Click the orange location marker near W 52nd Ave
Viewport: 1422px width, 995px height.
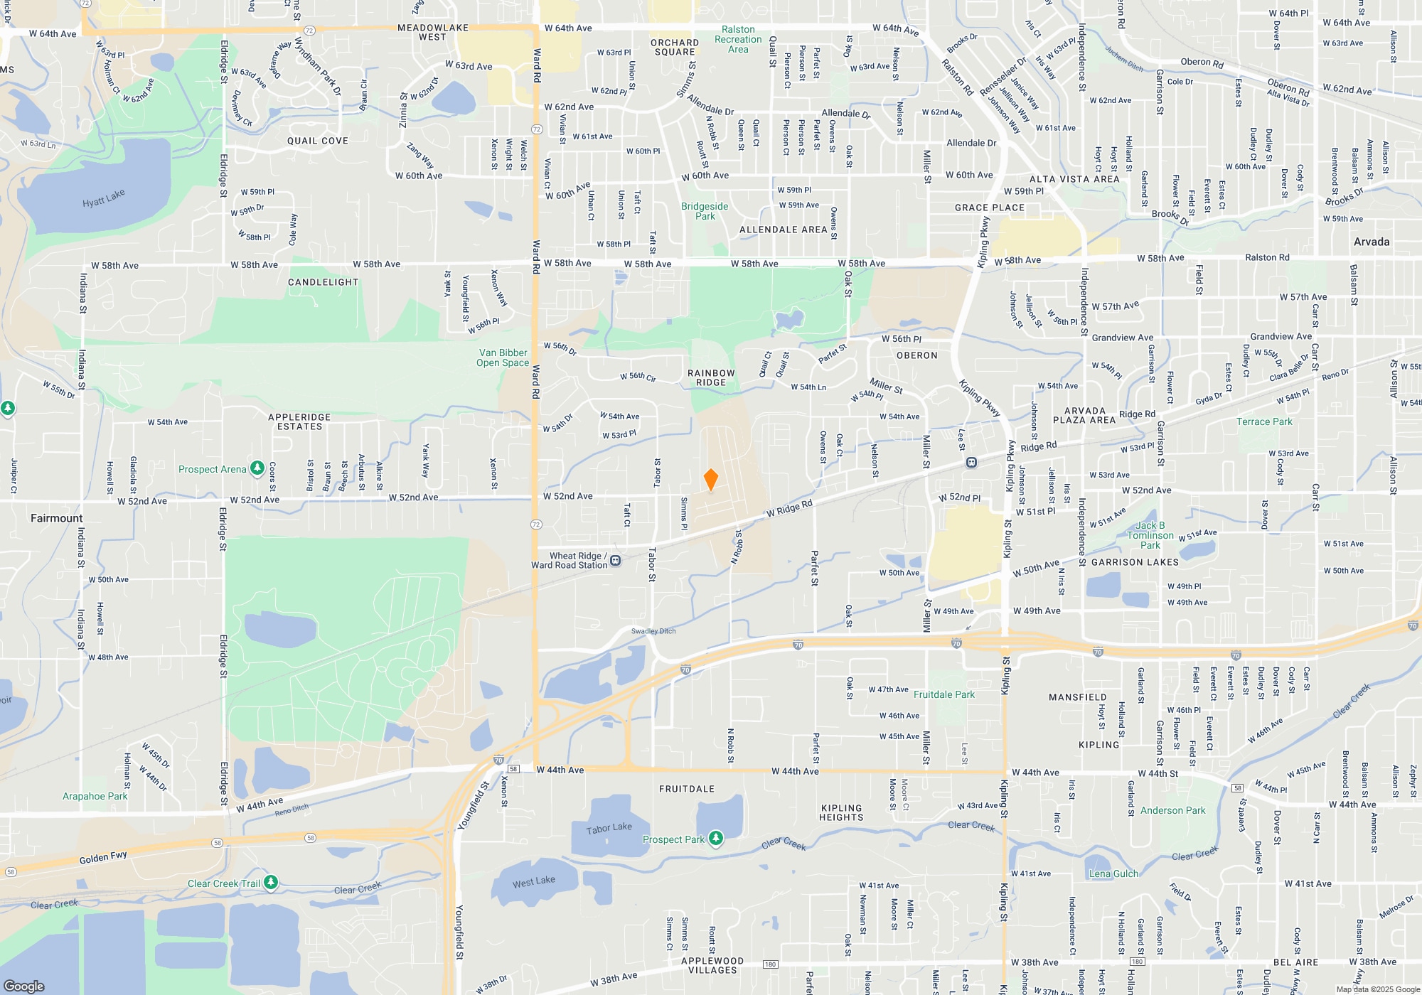point(710,480)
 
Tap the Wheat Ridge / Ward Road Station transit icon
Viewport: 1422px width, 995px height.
point(616,561)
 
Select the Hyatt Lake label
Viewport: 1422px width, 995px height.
point(103,198)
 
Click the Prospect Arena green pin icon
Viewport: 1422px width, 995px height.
point(257,469)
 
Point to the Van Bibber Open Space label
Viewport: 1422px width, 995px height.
point(503,357)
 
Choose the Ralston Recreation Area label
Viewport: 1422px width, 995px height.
point(738,40)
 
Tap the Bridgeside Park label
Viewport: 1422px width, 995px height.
point(705,211)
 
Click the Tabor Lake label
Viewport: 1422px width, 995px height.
point(609,829)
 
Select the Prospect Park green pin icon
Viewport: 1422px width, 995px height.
point(716,839)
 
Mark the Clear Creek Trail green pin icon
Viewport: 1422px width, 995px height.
point(271,883)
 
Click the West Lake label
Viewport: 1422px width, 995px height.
point(533,882)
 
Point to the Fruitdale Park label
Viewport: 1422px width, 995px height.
point(944,694)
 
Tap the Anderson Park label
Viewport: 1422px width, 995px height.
point(1172,810)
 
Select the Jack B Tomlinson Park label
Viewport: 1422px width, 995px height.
point(1150,535)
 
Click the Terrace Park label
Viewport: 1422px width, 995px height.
point(1264,421)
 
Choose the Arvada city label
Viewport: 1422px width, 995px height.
point(1371,242)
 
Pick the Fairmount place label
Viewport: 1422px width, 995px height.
point(56,518)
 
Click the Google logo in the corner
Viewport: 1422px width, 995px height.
point(23,986)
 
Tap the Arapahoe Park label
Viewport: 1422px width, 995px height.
point(95,796)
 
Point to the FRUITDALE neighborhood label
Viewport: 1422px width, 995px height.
point(686,789)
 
